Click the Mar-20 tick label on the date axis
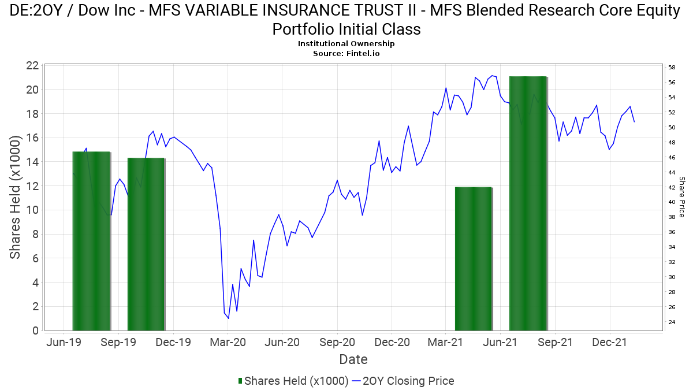click(x=228, y=342)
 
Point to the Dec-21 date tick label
click(x=610, y=342)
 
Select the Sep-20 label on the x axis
click(x=337, y=342)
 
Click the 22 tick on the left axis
click(x=32, y=65)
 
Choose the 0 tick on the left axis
click(x=36, y=331)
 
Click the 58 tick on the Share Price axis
click(x=672, y=68)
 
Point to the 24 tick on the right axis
click(x=672, y=322)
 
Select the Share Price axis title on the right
click(x=682, y=197)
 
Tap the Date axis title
click(x=353, y=359)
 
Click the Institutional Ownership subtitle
click(x=346, y=44)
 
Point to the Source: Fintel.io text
click(x=346, y=53)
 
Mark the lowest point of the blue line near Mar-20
click(x=228, y=318)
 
